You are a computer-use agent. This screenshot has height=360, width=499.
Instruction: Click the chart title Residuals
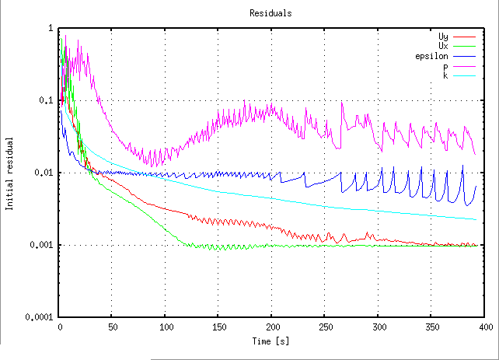[x=266, y=13]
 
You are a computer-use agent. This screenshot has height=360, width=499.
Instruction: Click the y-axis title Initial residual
[x=10, y=173]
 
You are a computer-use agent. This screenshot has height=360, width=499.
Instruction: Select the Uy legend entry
[x=443, y=37]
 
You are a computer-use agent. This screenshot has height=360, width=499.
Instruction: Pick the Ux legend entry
[x=443, y=46]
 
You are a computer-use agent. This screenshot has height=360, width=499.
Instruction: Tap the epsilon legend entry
[x=432, y=56]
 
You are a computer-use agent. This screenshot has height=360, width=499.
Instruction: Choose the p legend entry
[x=445, y=66]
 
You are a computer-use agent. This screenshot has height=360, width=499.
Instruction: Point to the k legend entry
[x=445, y=75]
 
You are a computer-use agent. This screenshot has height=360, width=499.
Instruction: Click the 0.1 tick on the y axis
[x=47, y=100]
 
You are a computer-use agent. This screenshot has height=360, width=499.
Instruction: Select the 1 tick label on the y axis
[x=51, y=28]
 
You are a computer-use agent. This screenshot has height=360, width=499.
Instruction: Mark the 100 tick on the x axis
[x=166, y=327]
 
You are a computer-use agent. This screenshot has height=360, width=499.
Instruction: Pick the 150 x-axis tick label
[x=219, y=327]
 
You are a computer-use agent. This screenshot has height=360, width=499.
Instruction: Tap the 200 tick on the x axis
[x=272, y=327]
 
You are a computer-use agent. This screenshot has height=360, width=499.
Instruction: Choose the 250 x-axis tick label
[x=326, y=327]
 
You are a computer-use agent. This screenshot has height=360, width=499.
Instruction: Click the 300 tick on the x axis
[x=379, y=327]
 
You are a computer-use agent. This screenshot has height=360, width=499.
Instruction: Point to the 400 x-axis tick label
[x=486, y=327]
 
